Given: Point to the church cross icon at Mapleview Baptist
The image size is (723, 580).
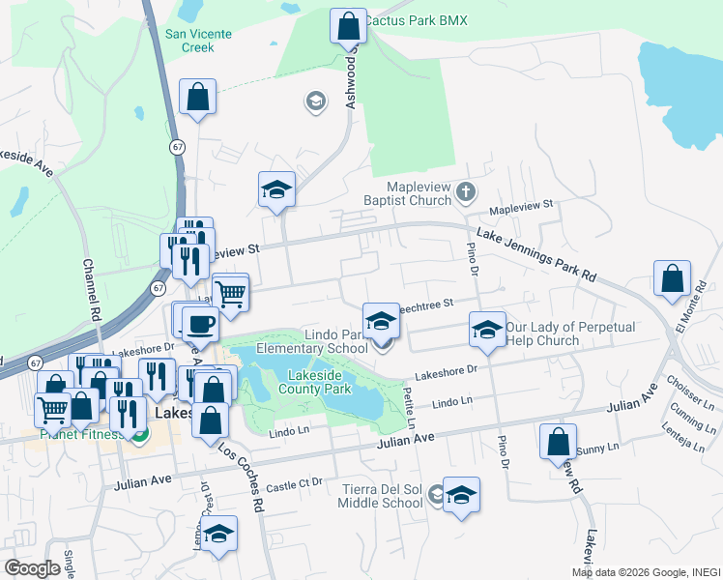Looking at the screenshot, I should [x=466, y=190].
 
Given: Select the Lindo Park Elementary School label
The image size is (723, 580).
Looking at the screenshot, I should [x=322, y=341].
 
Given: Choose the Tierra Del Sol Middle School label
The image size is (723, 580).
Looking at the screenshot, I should [x=383, y=495].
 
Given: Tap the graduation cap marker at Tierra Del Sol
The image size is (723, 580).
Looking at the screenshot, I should [x=461, y=497].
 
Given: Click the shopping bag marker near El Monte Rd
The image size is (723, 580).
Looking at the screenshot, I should [x=672, y=279].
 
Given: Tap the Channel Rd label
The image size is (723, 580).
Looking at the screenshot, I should [x=91, y=290].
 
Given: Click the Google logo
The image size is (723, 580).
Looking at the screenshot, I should [x=33, y=568].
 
